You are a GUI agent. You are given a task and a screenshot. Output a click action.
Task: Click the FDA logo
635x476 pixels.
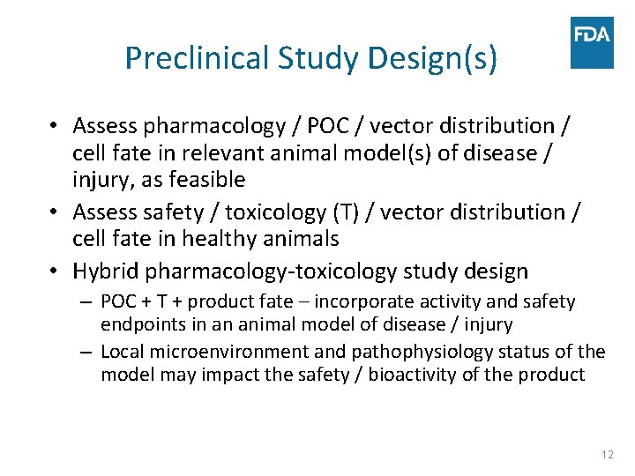point(592,42)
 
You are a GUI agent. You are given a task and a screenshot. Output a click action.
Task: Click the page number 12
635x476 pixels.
point(606,454)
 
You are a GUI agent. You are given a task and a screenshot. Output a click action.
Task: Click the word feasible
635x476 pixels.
point(201,181)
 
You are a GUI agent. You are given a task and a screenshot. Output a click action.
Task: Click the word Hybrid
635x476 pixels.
point(105,271)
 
